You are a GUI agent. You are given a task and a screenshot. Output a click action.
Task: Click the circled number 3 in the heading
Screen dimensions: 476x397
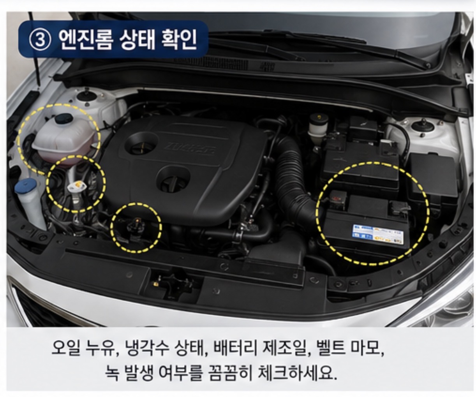[x=39, y=39]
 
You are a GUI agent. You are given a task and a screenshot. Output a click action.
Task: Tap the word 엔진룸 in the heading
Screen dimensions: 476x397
[x=86, y=39]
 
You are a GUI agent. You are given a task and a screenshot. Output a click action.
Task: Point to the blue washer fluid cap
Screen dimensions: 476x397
[x=26, y=186]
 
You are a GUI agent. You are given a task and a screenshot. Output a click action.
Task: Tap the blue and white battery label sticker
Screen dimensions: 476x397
[x=378, y=234]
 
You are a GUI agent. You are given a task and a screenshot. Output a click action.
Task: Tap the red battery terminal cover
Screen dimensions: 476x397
[x=338, y=199]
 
